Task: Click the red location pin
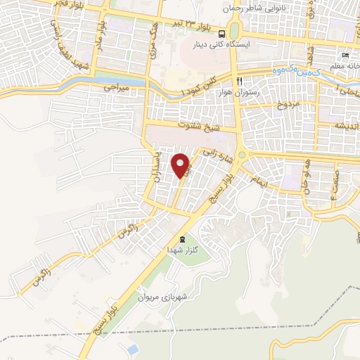(181, 165)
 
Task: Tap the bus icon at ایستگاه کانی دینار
(222, 33)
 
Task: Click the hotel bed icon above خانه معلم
(344, 56)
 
